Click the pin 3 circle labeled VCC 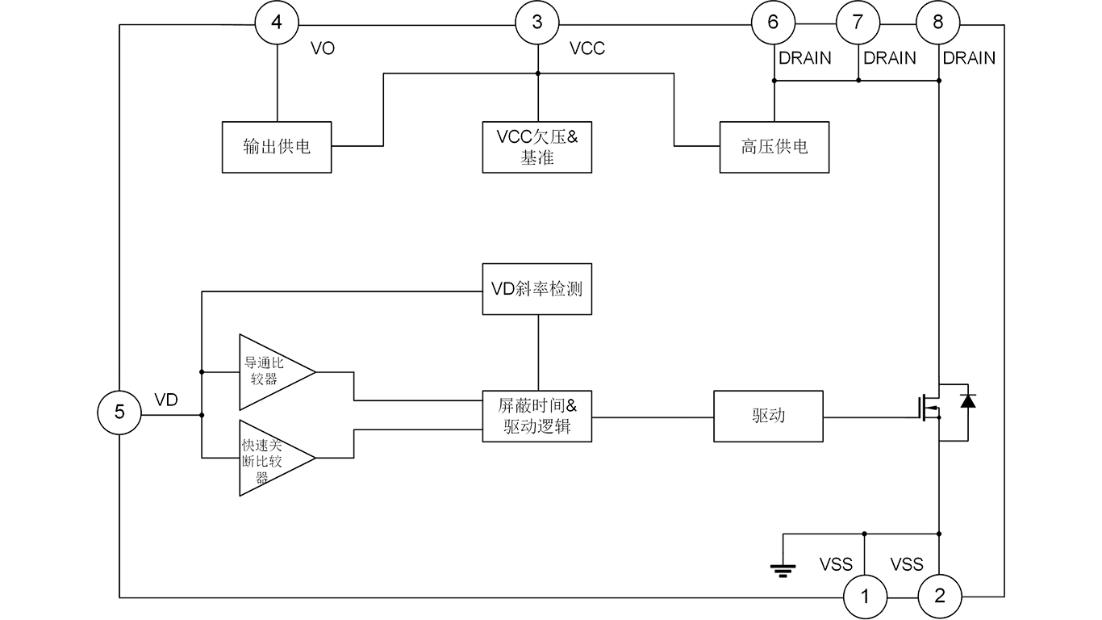[x=538, y=22]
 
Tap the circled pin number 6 [x=773, y=22]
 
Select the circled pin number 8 [x=937, y=22]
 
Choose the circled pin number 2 [x=939, y=597]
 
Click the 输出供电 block [x=277, y=148]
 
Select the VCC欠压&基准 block [x=537, y=146]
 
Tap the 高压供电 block [x=774, y=147]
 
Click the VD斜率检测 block [x=537, y=288]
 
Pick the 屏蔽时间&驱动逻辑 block [x=537, y=417]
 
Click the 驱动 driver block [x=769, y=417]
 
